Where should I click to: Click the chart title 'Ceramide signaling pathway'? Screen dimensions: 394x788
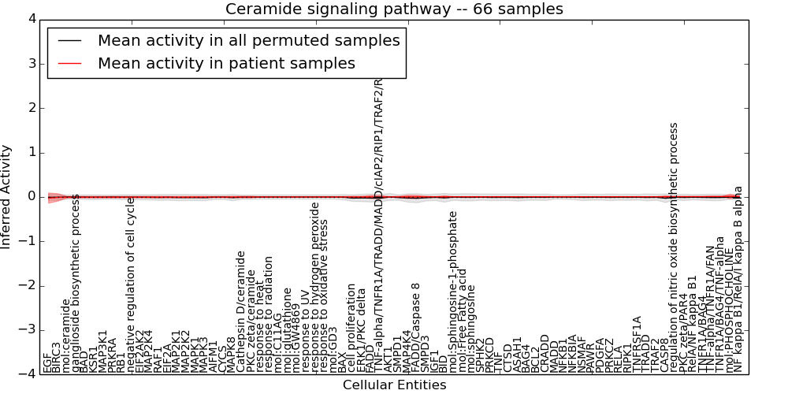coord(394,9)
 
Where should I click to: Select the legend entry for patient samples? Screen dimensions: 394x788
coord(226,63)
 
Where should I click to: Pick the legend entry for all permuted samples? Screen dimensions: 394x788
coord(248,40)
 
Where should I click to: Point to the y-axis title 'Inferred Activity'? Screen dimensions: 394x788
coord(7,196)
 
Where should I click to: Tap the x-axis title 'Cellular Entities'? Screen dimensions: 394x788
coord(394,385)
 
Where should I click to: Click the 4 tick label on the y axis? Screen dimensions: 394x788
coord(31,19)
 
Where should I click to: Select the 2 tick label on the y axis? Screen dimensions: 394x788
coord(31,108)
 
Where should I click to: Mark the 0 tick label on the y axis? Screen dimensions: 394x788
coord(31,197)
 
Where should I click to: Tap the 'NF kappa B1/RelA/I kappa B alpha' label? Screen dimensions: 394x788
coord(738,280)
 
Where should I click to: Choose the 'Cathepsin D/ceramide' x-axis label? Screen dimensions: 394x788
coord(241,311)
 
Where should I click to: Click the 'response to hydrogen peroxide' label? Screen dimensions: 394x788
coord(314,288)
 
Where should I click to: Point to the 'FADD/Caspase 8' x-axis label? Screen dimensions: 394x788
coord(416,327)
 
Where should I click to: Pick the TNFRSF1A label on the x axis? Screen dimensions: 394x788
coord(637,344)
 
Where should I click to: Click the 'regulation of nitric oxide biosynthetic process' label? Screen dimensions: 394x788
coord(673,247)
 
